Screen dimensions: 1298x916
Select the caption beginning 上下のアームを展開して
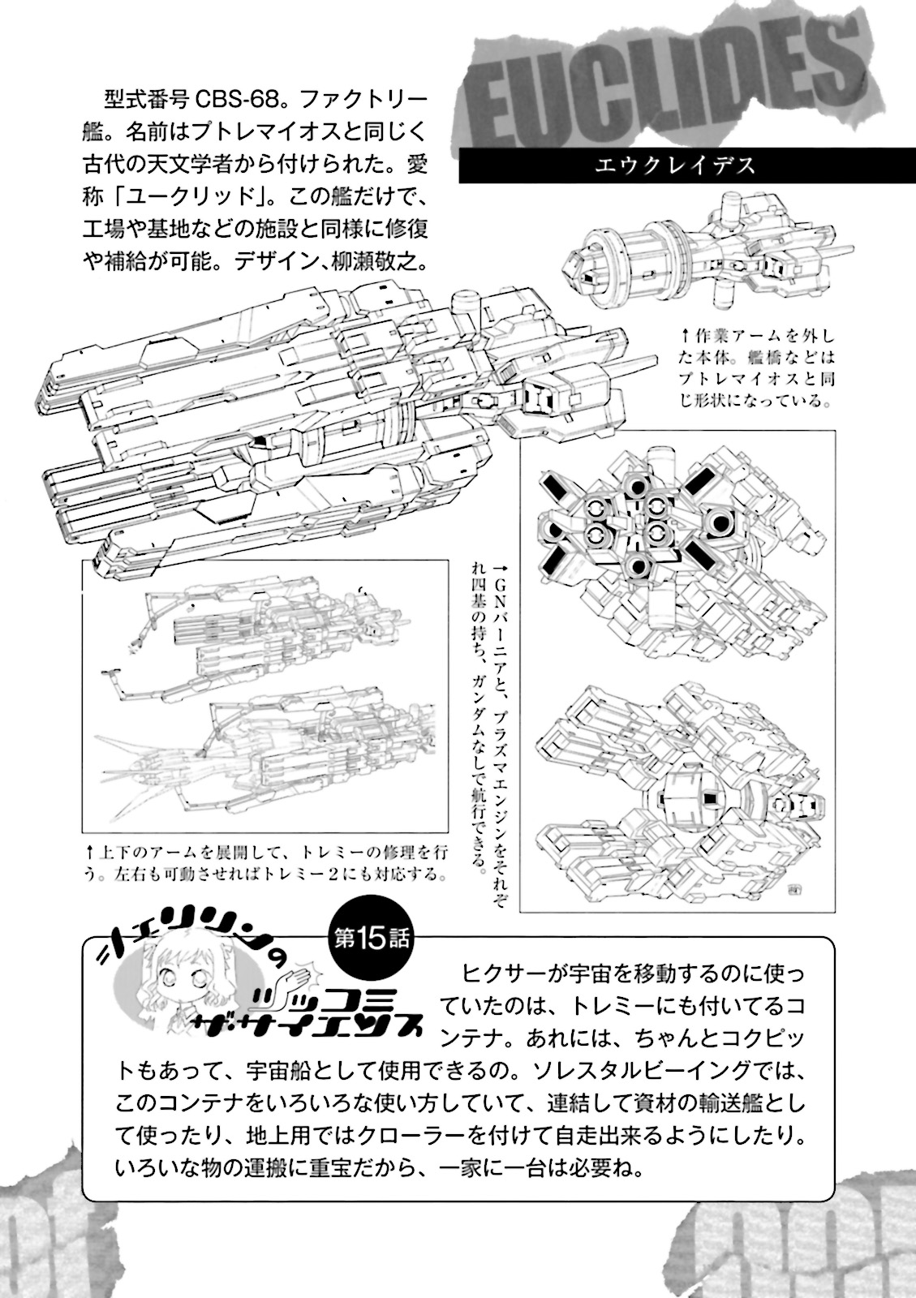coord(268,863)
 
